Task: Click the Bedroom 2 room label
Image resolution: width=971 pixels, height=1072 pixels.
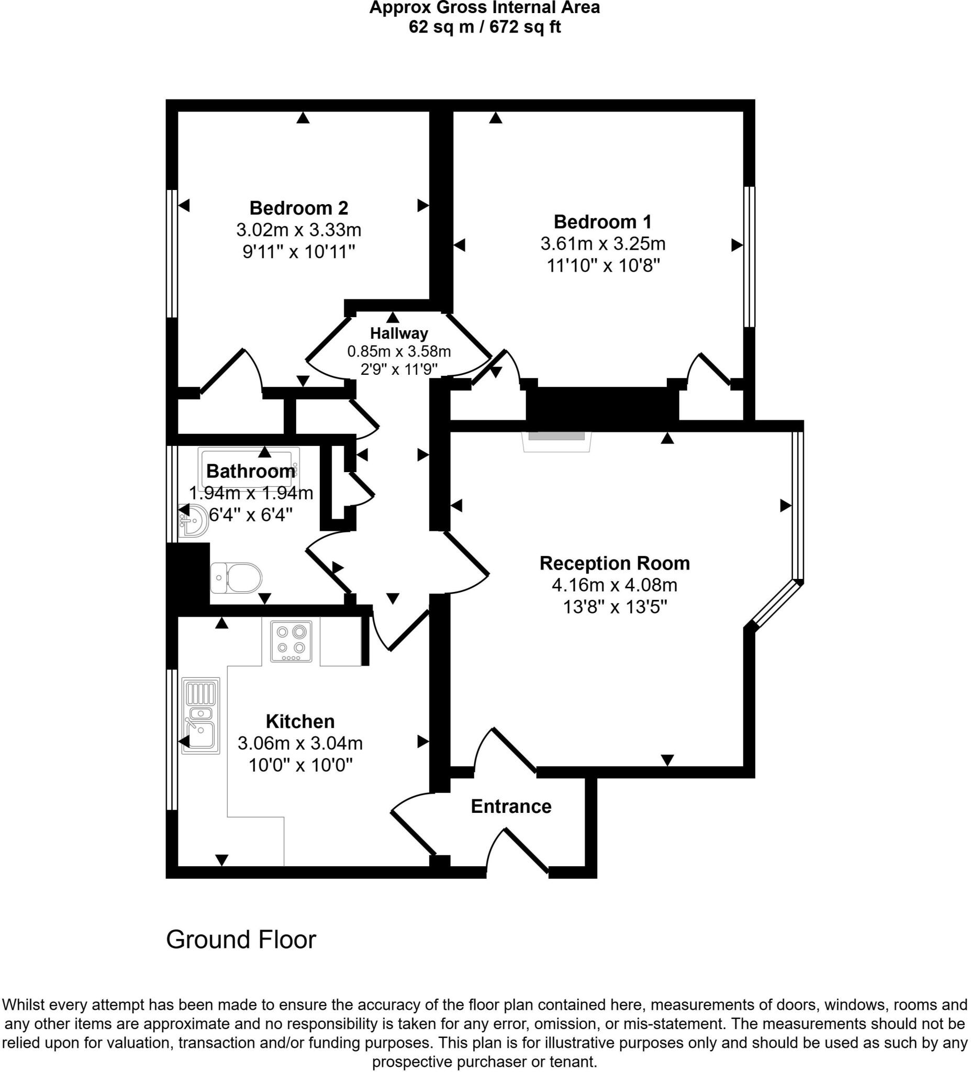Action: click(x=299, y=207)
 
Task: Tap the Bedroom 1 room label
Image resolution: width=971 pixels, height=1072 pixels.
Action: click(x=602, y=221)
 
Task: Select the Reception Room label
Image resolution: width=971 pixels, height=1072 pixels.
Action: click(x=615, y=563)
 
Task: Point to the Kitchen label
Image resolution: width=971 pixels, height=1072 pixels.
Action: click(x=300, y=722)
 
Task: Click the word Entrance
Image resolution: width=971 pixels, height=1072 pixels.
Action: click(x=511, y=807)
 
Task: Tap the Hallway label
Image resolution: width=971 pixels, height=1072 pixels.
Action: click(x=399, y=333)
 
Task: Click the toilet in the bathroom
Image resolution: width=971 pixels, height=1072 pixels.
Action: click(x=236, y=578)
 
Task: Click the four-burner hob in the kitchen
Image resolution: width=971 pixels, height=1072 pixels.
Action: click(x=292, y=641)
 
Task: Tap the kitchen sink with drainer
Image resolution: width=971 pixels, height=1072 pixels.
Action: click(x=200, y=715)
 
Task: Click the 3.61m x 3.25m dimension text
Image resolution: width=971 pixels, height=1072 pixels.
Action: click(x=603, y=243)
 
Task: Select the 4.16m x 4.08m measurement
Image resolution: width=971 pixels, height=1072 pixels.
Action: click(x=615, y=585)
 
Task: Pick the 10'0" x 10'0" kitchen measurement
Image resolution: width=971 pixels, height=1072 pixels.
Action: click(x=301, y=765)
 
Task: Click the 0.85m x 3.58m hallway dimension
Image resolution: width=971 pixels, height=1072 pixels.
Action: click(x=399, y=351)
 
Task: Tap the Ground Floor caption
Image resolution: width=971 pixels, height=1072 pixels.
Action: click(x=241, y=940)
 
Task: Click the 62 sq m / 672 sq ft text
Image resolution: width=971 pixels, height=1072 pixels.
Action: click(x=484, y=27)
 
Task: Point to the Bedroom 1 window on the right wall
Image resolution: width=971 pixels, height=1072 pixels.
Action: click(x=749, y=256)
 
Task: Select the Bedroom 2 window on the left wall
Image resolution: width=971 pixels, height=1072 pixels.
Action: click(x=172, y=254)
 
